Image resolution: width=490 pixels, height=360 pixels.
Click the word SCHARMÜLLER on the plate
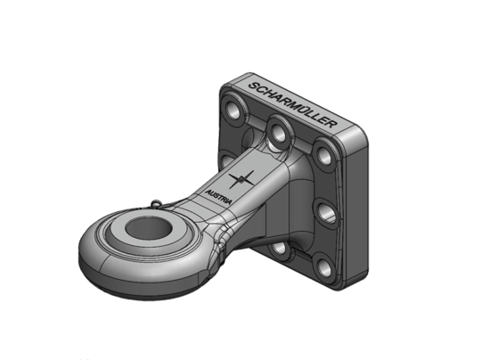[292, 100]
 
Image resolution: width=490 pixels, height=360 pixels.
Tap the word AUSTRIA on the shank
[218, 195]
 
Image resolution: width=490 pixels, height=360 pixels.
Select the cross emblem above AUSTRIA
[246, 178]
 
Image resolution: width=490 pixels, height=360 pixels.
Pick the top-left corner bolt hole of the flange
[235, 110]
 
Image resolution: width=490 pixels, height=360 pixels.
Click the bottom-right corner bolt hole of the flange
[322, 263]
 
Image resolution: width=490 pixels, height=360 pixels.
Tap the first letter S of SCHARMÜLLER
[251, 86]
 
